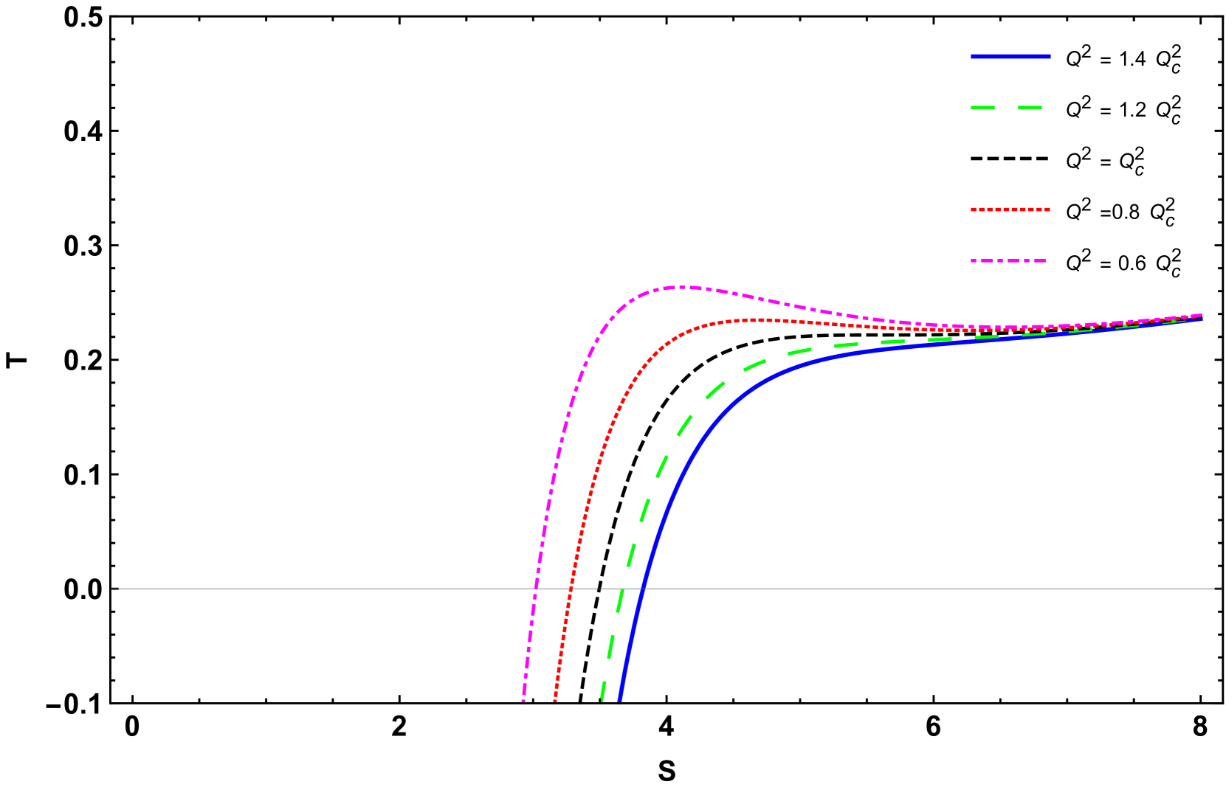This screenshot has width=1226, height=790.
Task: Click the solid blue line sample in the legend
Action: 1010,56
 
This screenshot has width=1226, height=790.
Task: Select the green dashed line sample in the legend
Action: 1007,108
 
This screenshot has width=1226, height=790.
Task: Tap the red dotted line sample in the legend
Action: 1010,209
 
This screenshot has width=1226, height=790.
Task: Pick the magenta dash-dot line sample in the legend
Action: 1008,261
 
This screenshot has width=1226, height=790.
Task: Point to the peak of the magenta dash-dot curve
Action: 683,287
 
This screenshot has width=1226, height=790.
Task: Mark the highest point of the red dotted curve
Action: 760,319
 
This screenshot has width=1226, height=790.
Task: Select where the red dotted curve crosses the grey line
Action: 569,589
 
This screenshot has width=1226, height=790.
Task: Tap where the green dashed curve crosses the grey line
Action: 621,589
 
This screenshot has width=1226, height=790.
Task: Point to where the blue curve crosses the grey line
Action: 642,589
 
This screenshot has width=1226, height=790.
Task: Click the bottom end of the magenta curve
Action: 523,699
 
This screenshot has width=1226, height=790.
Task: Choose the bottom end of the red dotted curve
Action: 555,699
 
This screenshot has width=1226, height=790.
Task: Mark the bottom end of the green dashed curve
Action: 602,699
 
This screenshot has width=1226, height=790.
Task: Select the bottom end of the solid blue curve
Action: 619,699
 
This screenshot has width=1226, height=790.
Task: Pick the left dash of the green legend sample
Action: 983,108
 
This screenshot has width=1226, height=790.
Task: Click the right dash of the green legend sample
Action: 1030,108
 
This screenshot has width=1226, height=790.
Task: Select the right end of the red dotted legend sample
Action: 1049,209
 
